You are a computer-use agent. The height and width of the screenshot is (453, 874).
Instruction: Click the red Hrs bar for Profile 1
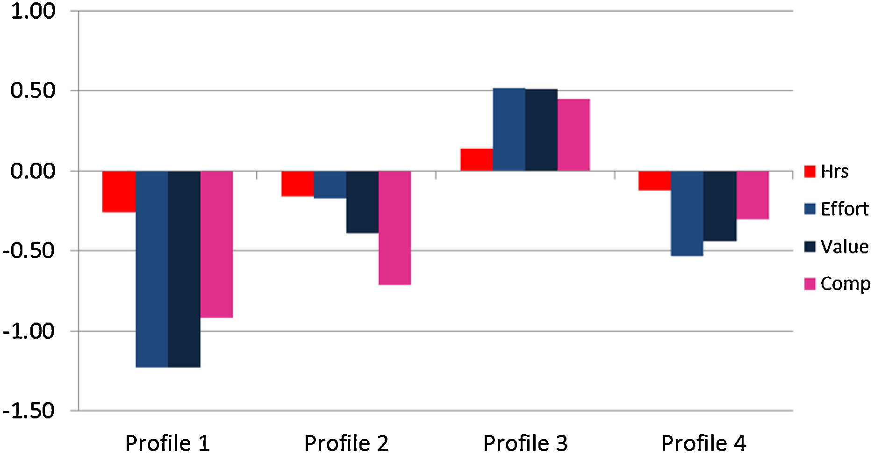pos(119,191)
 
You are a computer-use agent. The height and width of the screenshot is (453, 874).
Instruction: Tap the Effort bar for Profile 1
pos(152,269)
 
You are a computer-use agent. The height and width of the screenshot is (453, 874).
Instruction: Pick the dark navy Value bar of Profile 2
pos(362,201)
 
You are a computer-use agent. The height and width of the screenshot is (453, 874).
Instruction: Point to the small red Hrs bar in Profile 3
pos(476,159)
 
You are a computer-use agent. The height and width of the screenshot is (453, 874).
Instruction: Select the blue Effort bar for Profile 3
pos(509,129)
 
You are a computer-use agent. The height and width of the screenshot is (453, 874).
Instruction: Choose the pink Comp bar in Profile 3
pos(573,135)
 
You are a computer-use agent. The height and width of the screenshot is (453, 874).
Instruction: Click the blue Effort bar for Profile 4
pos(687,213)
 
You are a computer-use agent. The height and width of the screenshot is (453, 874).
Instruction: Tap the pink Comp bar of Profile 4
pos(752,195)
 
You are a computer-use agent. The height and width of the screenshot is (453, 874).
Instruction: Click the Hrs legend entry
pos(834,172)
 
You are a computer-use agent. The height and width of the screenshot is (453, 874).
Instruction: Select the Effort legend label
pos(844,209)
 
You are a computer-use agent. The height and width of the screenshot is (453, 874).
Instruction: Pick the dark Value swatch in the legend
pos(810,246)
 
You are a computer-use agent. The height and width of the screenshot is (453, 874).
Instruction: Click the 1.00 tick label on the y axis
pos(33,11)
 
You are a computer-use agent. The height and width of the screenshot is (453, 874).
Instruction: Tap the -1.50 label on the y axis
pos(29,411)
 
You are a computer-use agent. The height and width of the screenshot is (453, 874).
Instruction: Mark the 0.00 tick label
pos(33,171)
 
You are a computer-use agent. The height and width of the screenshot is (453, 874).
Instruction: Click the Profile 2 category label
pos(346,442)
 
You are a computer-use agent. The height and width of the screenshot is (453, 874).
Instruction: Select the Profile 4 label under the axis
pos(703,442)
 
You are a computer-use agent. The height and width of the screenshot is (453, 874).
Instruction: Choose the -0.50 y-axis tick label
pos(29,251)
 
